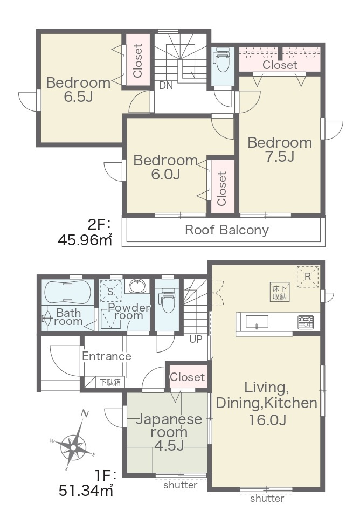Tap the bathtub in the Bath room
pos(68,292)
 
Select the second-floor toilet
pos(222,59)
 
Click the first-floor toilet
pos(167,300)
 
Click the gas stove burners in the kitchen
pos(306,322)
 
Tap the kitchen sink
pos(257,321)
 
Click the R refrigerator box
pos(308,277)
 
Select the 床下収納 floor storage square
pos(280,292)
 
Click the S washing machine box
pos(110,291)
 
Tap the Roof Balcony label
pos(226,230)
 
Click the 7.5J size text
pos(279,157)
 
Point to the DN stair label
pos(166,86)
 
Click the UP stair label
pos(196,339)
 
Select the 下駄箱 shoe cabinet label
pos(110,383)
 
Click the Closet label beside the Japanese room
pos(187,377)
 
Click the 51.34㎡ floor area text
pos(86,491)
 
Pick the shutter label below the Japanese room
pos(181,485)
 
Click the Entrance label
pos(106,356)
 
